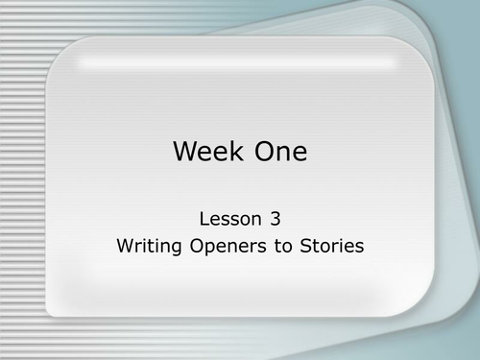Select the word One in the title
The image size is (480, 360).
279,152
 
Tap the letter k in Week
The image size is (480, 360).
238,152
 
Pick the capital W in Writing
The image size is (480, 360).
124,246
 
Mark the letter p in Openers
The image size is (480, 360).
207,248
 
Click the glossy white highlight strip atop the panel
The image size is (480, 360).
239,62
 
